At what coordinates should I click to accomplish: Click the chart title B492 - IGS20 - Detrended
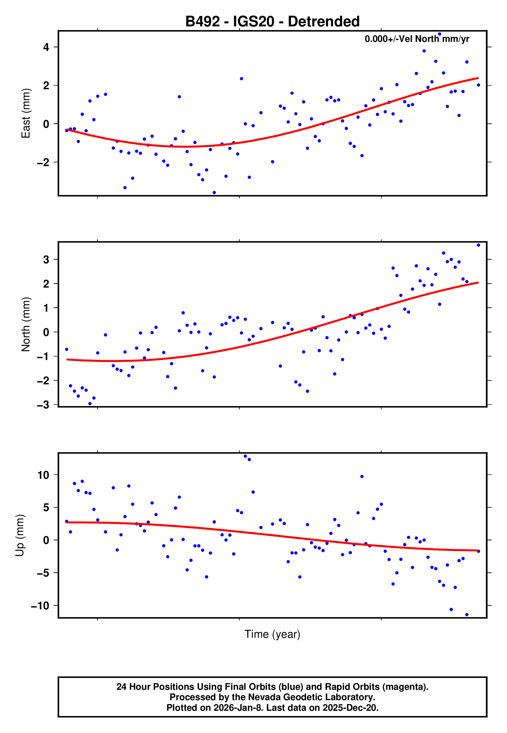tap(272, 22)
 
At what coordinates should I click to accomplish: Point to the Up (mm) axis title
tap(20, 535)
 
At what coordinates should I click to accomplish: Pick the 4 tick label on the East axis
tap(46, 47)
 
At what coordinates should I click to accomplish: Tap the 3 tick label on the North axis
tap(46, 259)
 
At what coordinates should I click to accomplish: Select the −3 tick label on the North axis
tap(43, 405)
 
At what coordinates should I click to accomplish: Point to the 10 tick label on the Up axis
tap(43, 475)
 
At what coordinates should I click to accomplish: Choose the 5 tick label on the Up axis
tap(46, 508)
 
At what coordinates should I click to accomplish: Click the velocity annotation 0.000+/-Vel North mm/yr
tap(417, 39)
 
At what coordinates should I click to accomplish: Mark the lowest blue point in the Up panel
tap(467, 615)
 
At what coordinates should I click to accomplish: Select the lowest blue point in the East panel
tap(214, 193)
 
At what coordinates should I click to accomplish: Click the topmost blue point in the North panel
tap(478, 245)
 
